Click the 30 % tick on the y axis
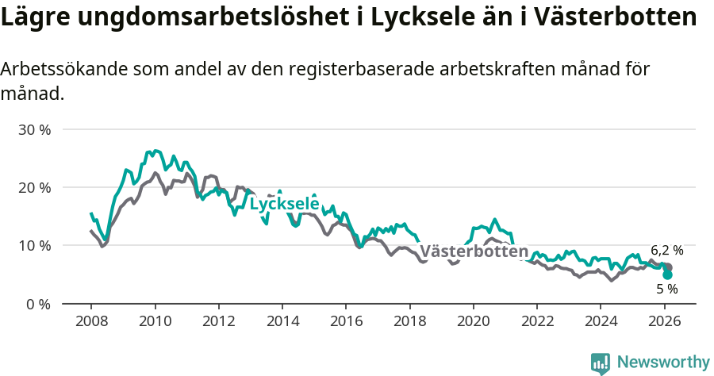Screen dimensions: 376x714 [34, 129]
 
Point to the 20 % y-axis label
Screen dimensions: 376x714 [34, 187]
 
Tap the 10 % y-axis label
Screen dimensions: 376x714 [34, 246]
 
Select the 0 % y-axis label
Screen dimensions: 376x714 [37, 304]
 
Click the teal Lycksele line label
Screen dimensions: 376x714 [284, 204]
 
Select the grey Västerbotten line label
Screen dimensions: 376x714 [474, 252]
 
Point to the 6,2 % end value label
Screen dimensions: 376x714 [667, 250]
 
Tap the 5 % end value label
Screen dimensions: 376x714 [667, 289]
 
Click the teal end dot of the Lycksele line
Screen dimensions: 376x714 [668, 274]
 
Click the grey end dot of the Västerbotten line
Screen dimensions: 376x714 [668, 267]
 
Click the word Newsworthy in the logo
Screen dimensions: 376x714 [663, 363]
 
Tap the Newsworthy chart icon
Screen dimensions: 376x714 [601, 363]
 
